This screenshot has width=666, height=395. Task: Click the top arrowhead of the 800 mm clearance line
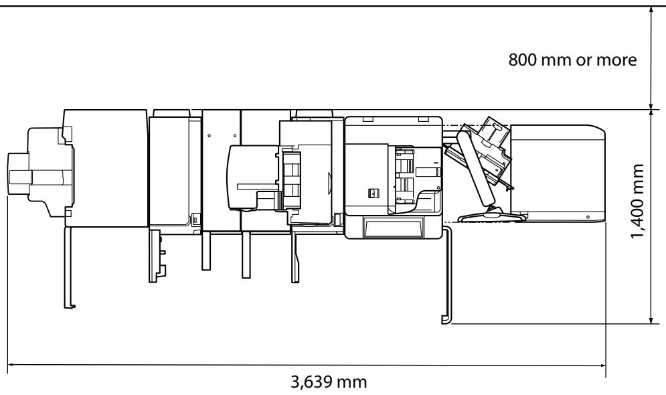pyautogui.click(x=651, y=10)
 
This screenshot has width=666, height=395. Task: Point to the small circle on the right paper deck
pyautogui.click(x=588, y=217)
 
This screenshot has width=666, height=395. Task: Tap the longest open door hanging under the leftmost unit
pyautogui.click(x=68, y=268)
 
